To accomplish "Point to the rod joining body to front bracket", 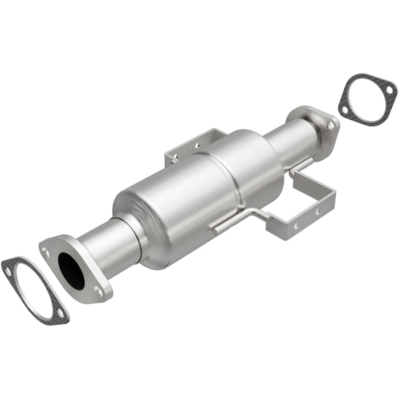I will click(x=239, y=219).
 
